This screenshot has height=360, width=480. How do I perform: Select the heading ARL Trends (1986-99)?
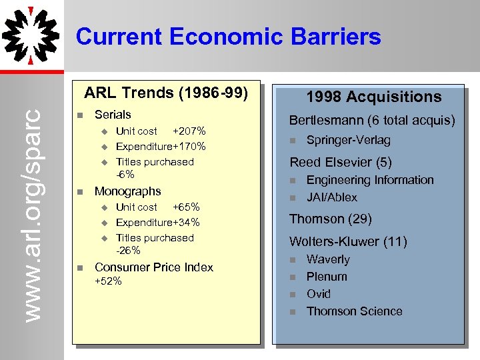(x=166, y=93)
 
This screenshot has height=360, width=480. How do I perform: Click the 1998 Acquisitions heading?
(x=373, y=97)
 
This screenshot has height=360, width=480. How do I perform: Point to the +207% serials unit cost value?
(x=189, y=131)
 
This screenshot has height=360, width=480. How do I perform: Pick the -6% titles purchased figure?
(x=125, y=175)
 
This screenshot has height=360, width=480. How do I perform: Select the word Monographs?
(x=128, y=191)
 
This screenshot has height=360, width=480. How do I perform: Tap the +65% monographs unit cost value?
(x=186, y=207)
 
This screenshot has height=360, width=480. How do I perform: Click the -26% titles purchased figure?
(x=128, y=251)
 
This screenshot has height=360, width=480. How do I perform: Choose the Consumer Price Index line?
(x=154, y=267)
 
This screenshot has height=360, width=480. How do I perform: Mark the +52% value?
(x=108, y=281)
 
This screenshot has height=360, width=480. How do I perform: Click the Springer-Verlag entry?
(x=348, y=140)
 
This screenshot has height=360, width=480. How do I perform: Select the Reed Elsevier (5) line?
(x=340, y=162)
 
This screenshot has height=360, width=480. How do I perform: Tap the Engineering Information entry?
(x=369, y=180)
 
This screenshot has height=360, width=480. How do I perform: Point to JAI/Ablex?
(x=331, y=197)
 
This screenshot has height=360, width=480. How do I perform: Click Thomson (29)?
(x=330, y=219)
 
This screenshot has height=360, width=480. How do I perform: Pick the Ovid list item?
(x=318, y=294)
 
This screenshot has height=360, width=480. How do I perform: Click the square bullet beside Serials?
(x=79, y=115)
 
